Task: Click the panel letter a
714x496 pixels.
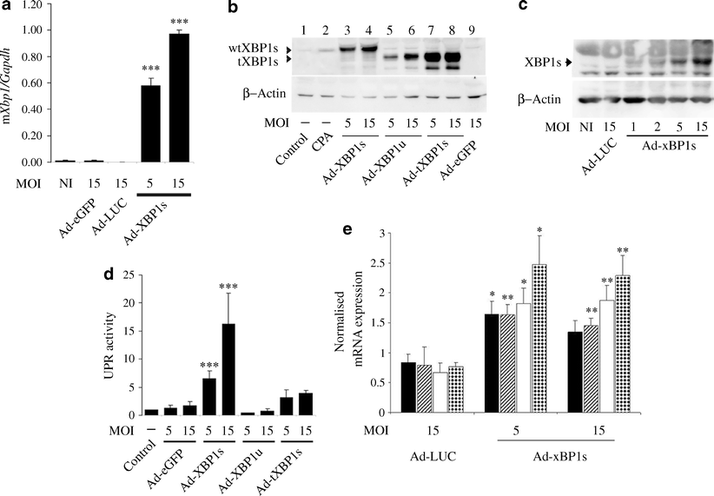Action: point(9,8)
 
